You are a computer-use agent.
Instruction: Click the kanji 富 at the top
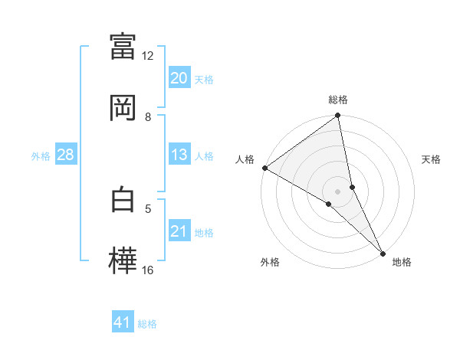123,46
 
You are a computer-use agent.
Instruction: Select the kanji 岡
123,107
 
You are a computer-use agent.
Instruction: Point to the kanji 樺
123,259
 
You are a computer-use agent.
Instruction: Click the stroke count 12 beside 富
148,56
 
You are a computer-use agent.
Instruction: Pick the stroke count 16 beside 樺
148,270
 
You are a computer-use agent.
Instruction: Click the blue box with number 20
179,78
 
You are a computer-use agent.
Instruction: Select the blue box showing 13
179,155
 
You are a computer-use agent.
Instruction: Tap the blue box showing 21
179,231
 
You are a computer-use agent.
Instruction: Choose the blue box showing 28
66,155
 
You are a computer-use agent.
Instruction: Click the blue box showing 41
123,322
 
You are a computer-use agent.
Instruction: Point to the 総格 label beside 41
147,324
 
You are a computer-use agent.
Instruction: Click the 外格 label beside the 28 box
41,155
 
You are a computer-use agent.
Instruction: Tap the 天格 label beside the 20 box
203,79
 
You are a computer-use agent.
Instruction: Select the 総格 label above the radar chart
338,100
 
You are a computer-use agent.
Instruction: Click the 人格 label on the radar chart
245,159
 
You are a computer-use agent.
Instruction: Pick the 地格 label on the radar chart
402,262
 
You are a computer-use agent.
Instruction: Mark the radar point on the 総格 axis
338,116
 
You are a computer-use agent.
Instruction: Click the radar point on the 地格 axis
383,252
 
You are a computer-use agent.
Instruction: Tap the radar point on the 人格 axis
264,168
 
